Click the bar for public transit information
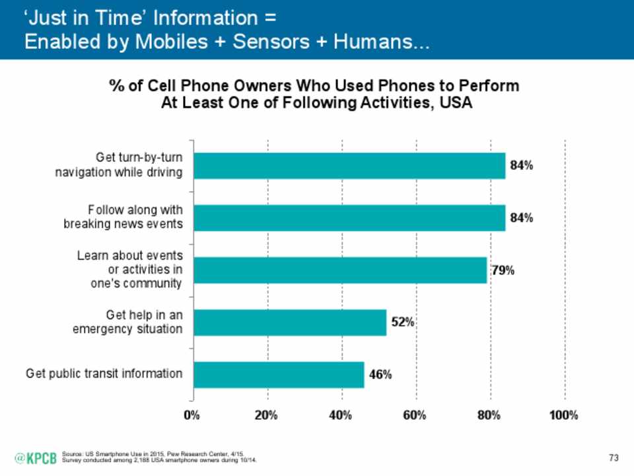[278, 374]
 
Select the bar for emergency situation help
[289, 322]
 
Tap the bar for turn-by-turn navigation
[349, 166]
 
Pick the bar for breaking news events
[349, 218]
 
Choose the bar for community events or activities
[339, 270]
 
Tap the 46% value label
[379, 375]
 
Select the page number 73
[613, 457]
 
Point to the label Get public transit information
[104, 374]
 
